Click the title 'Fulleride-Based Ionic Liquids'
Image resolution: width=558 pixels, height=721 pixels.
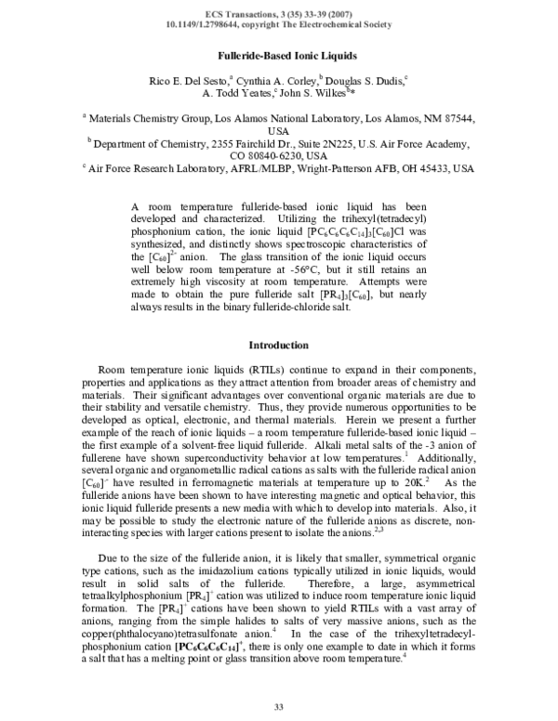[x=278, y=57]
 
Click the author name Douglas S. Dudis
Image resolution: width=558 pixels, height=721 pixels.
[x=367, y=83]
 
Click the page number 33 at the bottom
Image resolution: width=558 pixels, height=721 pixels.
[x=278, y=708]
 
